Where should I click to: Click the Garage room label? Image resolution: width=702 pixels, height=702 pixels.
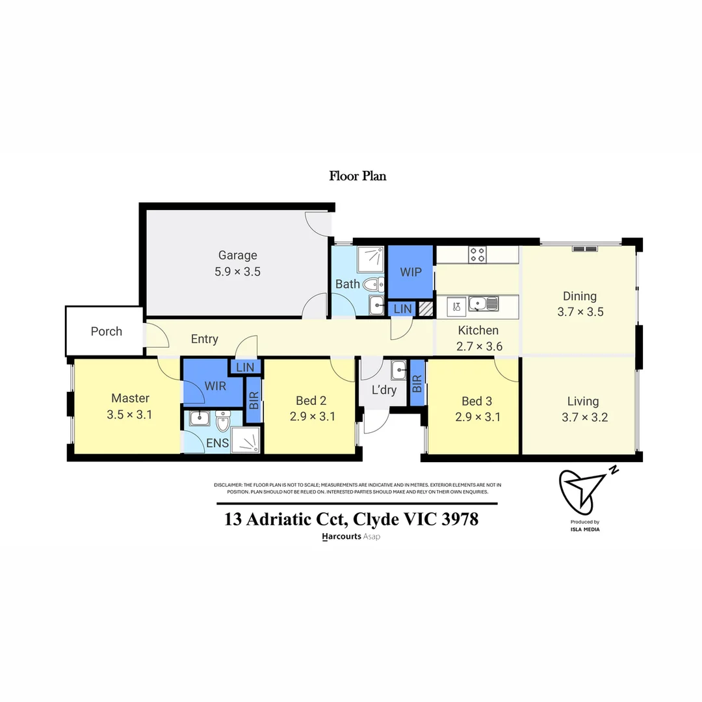coord(237,255)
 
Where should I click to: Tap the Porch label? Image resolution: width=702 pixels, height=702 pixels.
coord(107,331)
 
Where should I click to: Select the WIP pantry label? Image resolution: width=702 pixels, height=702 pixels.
coord(410,272)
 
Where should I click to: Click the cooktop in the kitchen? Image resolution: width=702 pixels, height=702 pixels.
coord(478,255)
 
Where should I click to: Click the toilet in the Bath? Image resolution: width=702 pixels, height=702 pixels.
coord(372,284)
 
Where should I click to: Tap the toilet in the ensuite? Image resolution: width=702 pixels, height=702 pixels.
coord(222,422)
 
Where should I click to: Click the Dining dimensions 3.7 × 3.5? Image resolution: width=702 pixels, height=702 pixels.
coord(580,312)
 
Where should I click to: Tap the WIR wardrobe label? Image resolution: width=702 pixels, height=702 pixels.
coord(215,386)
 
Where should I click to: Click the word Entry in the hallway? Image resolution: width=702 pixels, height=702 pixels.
coord(204,339)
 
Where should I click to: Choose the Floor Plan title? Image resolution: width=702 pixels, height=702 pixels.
coord(357,175)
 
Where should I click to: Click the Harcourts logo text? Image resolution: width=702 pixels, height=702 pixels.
coord(342,537)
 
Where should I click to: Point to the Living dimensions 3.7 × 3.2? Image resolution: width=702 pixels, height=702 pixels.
coord(584,418)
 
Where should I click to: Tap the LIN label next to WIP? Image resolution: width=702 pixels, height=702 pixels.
coord(402,309)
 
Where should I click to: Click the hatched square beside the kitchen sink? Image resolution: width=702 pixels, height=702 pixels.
coord(425,309)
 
